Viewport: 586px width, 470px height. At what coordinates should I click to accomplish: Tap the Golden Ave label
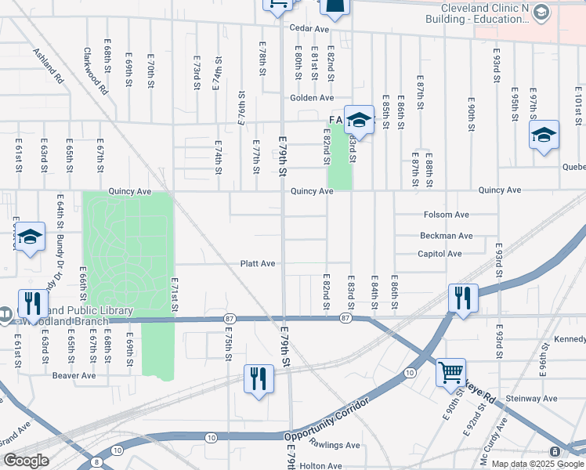coord(312,98)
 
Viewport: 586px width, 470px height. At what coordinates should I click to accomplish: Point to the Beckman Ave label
coord(447,235)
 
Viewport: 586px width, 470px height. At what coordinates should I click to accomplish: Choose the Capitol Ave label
coord(440,254)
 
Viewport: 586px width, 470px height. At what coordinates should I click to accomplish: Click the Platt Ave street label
coord(258,264)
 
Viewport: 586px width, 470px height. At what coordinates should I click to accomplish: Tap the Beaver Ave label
coord(74,375)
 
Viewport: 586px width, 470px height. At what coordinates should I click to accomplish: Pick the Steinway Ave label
coord(531,399)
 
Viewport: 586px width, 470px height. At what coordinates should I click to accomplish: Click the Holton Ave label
coord(320,465)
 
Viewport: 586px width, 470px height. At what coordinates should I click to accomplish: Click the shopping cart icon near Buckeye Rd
coord(450,372)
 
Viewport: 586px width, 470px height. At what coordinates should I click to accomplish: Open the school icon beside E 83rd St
coord(359,120)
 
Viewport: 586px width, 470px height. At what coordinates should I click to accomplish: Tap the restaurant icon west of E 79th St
coord(257,378)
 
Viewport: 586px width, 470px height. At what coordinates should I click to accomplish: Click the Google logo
coord(25,461)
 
